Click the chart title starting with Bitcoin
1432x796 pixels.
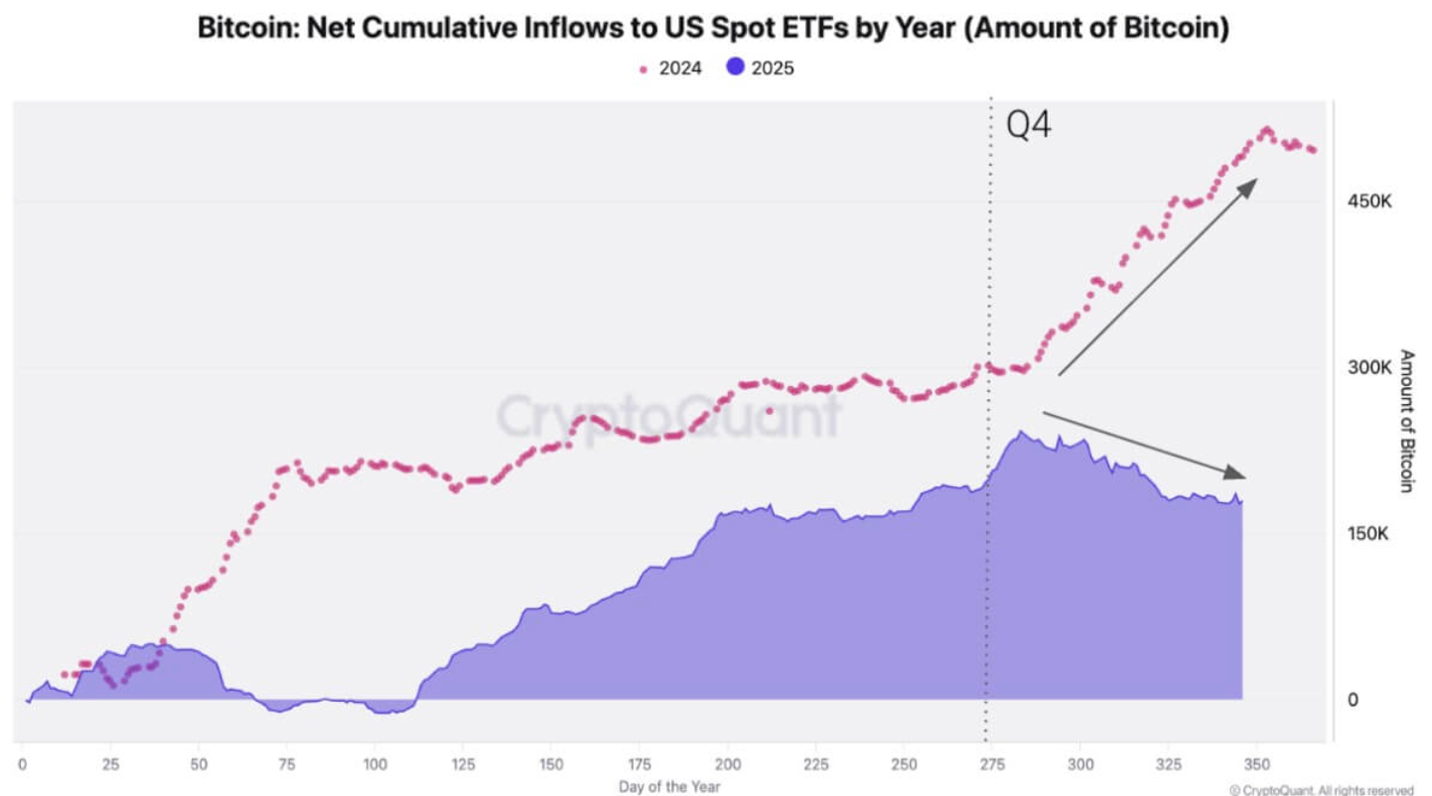[x=713, y=28]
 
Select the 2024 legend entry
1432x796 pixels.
[x=671, y=68]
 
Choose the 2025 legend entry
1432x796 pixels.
[x=760, y=68]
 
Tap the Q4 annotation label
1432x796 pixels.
[x=1029, y=126]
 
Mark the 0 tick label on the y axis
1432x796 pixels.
[x=1353, y=700]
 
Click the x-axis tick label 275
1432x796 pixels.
[x=988, y=765]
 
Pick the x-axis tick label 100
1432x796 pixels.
[x=374, y=765]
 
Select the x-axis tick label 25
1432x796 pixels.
[x=110, y=765]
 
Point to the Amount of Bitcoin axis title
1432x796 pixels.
[x=1406, y=420]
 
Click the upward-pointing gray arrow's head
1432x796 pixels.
[x=1250, y=186]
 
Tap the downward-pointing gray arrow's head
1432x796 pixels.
[x=1235, y=474]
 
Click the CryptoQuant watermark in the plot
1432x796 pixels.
[x=668, y=416]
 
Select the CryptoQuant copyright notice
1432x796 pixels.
[x=1321, y=790]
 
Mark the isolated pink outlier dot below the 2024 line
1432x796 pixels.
[x=769, y=410]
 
